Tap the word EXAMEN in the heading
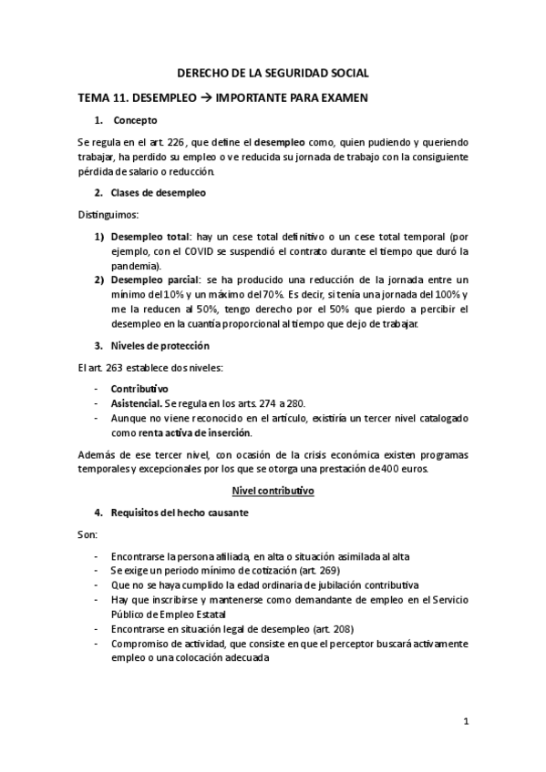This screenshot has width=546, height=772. click(341, 97)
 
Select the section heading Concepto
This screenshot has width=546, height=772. click(135, 120)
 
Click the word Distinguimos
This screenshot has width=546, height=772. click(108, 215)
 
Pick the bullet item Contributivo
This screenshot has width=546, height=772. click(139, 389)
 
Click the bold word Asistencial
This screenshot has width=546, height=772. click(136, 403)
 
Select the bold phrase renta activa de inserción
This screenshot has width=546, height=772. click(171, 432)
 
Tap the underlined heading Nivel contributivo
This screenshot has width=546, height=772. click(273, 491)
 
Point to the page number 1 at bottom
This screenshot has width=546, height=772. click(465, 722)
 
